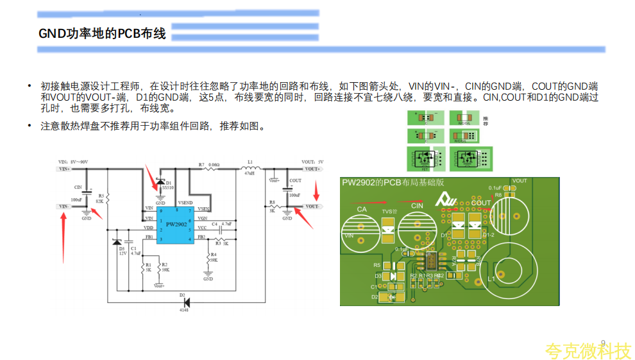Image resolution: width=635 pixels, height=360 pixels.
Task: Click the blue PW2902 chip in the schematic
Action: pyautogui.click(x=176, y=225)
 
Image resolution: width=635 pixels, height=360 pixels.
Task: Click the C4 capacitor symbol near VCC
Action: pyautogui.click(x=219, y=228)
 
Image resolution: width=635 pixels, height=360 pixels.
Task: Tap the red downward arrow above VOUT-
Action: pyautogui.click(x=316, y=191)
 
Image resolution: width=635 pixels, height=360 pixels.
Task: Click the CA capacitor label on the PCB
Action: pyautogui.click(x=362, y=210)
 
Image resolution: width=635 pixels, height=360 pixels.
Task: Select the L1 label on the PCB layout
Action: pyautogui.click(x=491, y=280)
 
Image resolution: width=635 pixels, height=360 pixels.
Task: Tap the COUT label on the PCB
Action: pyautogui.click(x=480, y=203)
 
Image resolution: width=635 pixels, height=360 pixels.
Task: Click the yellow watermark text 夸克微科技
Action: pyautogui.click(x=588, y=351)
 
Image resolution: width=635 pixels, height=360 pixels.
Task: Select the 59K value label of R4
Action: pyautogui.click(x=214, y=260)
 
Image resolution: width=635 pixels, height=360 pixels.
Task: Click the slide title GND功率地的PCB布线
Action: pyautogui.click(x=102, y=34)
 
